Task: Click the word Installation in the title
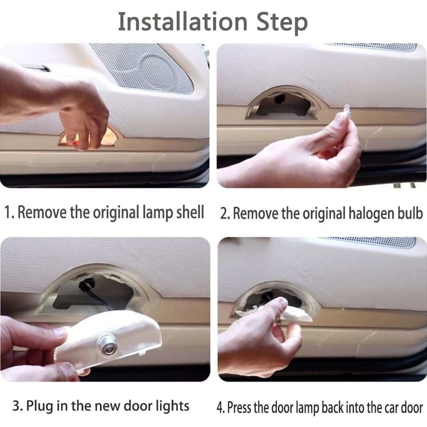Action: pyautogui.click(x=183, y=22)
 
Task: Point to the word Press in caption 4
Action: pyautogui.click(x=239, y=407)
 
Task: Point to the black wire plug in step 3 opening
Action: pyautogui.click(x=84, y=286)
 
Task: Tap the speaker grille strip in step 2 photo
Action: pyautogui.click(x=372, y=47)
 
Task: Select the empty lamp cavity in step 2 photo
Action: pyautogui.click(x=283, y=107)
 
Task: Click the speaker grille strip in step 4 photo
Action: pyautogui.click(x=369, y=241)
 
